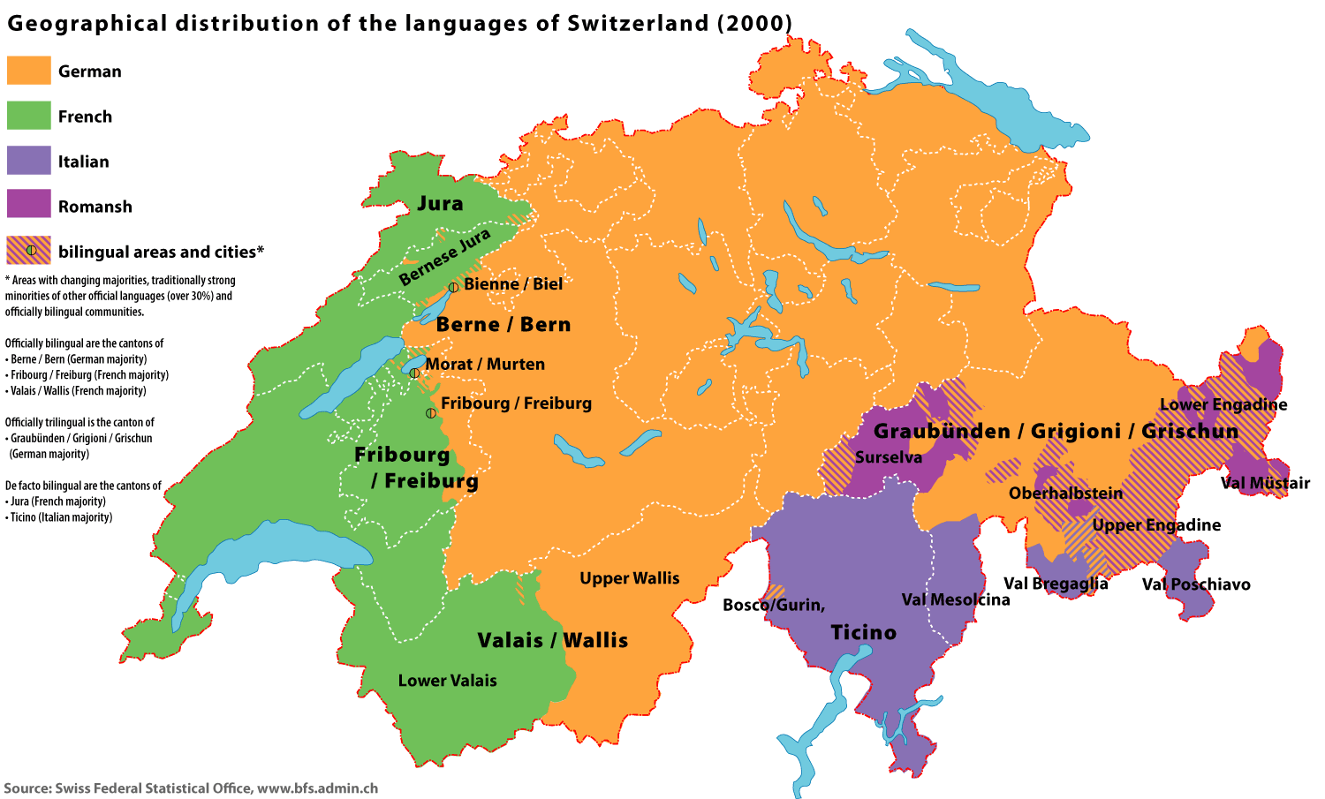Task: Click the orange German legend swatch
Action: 28,71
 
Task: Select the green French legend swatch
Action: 28,116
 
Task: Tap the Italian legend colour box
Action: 28,161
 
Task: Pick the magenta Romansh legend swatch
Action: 28,205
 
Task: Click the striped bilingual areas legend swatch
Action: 28,251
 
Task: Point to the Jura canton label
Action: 440,204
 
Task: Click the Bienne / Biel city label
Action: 513,284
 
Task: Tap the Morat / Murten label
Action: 485,365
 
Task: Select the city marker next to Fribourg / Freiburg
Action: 430,412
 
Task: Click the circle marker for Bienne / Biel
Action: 453,287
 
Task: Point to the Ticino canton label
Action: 863,633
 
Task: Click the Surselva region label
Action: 888,457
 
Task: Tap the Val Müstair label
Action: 1265,483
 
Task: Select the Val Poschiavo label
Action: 1196,584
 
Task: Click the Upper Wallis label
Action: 629,578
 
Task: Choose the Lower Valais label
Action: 447,681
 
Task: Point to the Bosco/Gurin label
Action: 774,606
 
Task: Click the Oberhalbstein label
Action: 1065,494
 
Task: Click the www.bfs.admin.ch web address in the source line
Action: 317,788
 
